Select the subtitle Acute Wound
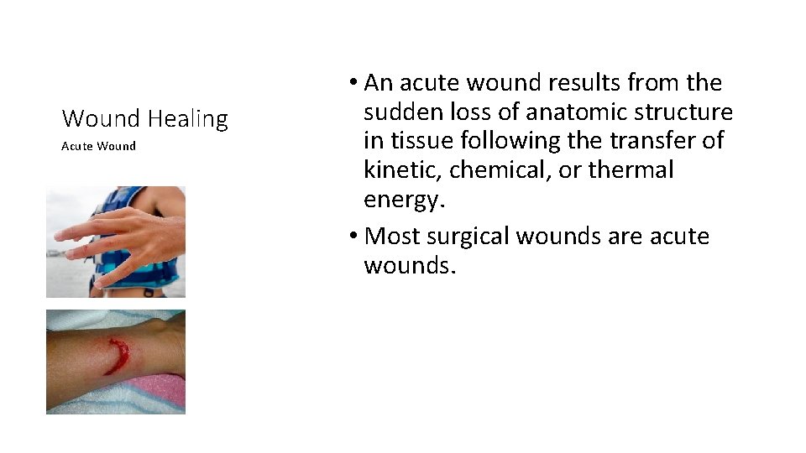coord(98,146)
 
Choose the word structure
coord(688,112)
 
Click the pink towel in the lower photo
coord(155,393)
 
